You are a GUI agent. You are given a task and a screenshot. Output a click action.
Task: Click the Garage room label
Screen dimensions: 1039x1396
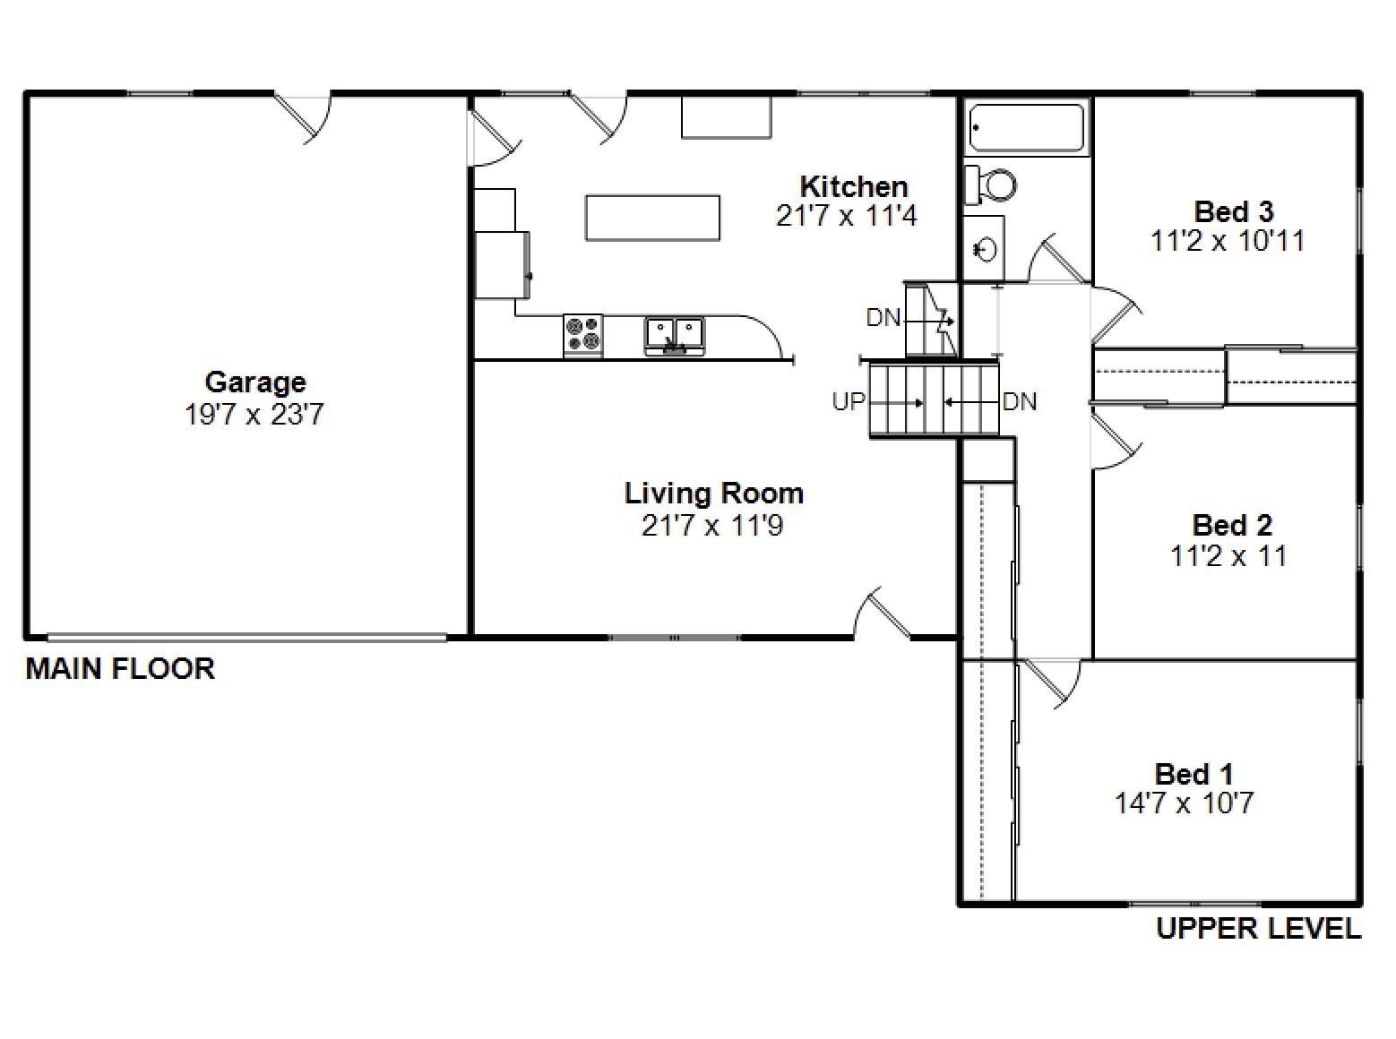coord(255,382)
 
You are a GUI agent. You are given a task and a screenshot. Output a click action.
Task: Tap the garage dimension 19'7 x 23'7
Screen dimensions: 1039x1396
coord(254,415)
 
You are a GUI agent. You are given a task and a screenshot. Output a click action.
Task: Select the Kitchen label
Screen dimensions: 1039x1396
coord(853,186)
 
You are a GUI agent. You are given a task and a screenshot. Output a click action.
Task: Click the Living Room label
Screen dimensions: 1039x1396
coord(713,494)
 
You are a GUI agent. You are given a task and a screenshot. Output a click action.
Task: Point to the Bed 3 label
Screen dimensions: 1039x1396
coord(1233,211)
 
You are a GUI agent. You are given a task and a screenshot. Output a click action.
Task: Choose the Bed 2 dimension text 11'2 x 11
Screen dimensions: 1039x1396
coord(1228,556)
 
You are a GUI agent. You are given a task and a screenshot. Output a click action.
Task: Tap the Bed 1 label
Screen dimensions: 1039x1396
coord(1193,773)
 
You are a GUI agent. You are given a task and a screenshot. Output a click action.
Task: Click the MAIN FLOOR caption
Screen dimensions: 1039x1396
coord(120,669)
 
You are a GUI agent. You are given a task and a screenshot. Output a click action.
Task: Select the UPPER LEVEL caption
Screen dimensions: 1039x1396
coord(1258,929)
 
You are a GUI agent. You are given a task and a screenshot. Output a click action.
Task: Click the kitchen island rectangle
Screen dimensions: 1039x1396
coord(652,218)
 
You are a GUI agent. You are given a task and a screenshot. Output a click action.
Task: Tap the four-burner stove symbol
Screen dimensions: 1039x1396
coord(582,334)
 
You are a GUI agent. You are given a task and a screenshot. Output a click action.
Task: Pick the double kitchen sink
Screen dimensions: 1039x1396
coord(675,334)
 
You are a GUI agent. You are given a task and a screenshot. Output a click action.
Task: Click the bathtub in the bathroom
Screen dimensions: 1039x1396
coord(1027,128)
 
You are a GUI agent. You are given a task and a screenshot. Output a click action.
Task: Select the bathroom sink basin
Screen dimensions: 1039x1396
coord(985,249)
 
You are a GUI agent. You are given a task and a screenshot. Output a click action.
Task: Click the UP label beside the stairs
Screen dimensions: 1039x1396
coord(848,402)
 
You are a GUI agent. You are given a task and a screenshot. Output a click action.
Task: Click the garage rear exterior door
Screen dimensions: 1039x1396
coord(303,116)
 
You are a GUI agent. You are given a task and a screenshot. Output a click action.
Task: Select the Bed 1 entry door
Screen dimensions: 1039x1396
coord(1052,682)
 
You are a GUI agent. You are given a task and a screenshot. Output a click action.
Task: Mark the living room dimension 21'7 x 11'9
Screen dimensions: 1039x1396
coord(712,526)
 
